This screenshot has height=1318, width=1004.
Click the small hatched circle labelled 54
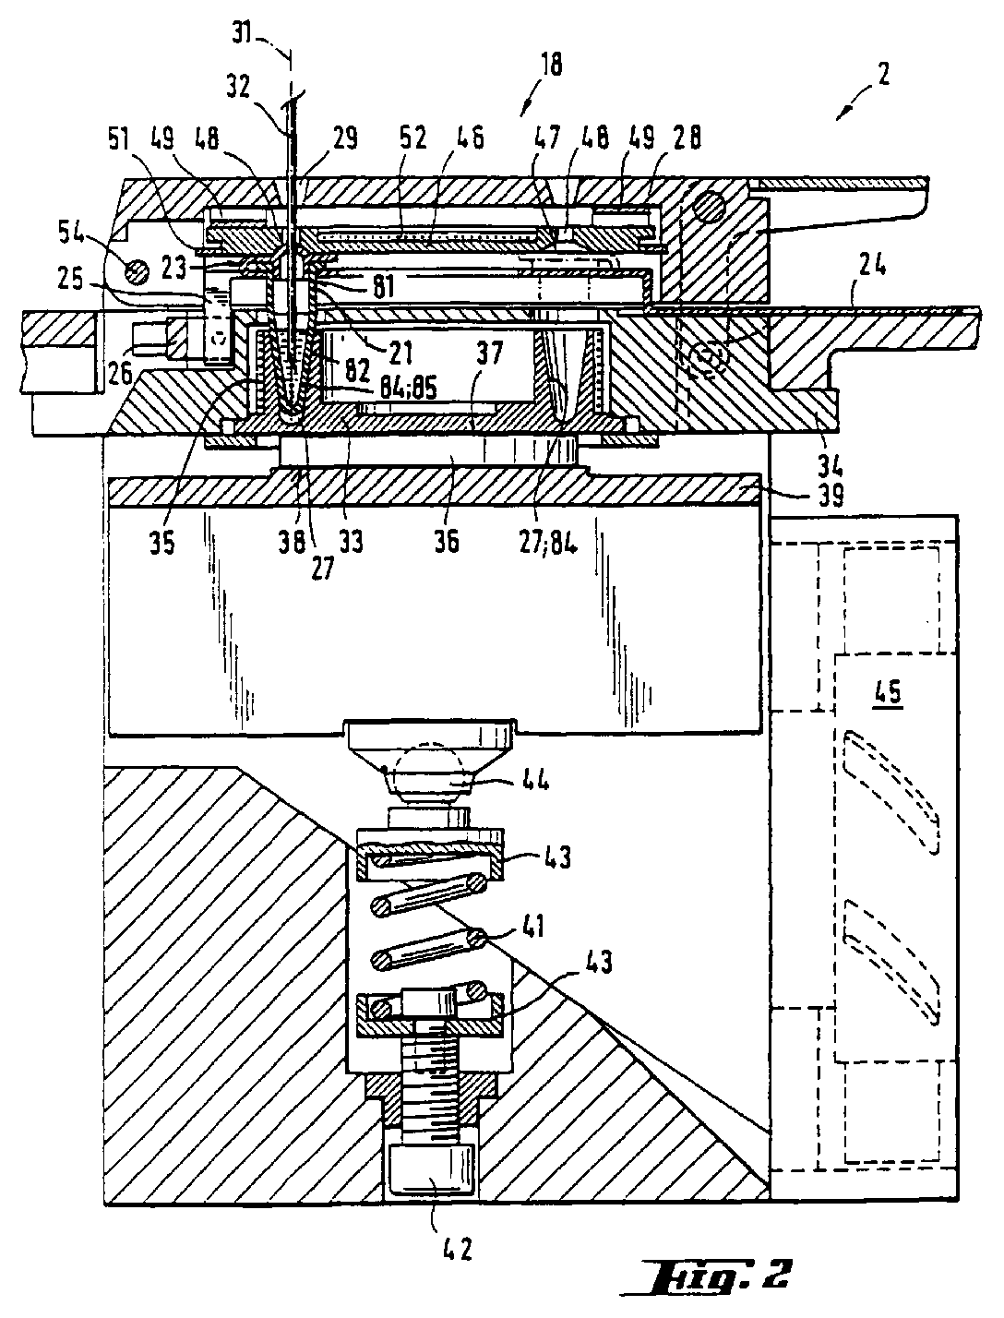coord(137,270)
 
